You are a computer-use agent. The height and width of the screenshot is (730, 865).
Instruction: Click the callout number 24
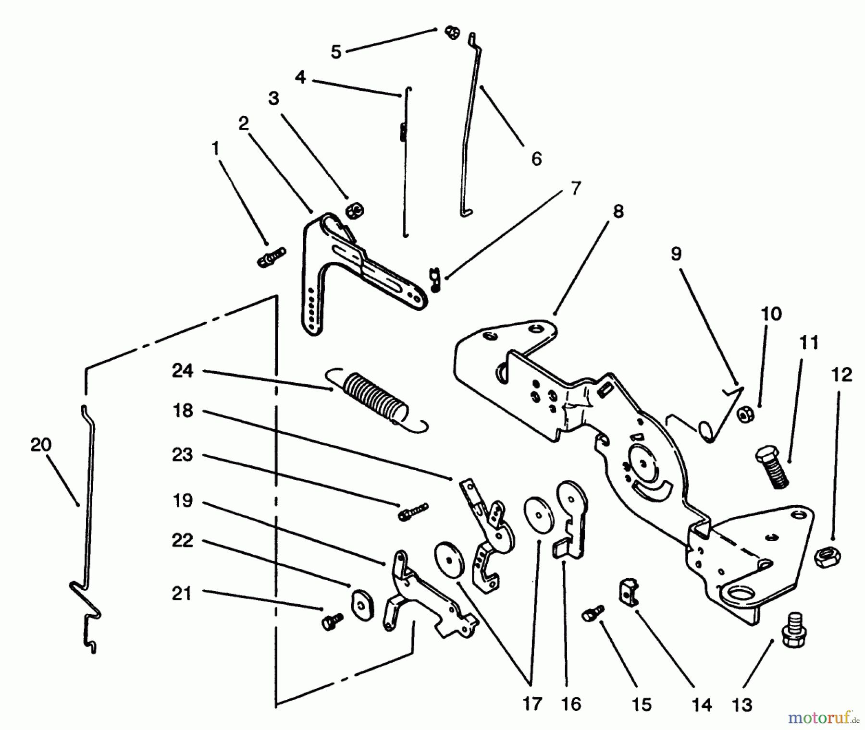tap(183, 371)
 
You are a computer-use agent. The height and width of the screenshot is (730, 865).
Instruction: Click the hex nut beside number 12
tap(827, 557)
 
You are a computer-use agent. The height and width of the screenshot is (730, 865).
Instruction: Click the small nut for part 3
tap(355, 209)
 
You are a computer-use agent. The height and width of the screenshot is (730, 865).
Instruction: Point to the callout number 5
tap(336, 51)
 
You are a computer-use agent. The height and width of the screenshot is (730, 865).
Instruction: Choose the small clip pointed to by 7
tap(434, 279)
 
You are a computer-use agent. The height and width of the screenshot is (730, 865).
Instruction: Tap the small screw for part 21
tap(332, 621)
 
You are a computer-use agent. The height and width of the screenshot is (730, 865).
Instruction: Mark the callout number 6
tap(536, 158)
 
